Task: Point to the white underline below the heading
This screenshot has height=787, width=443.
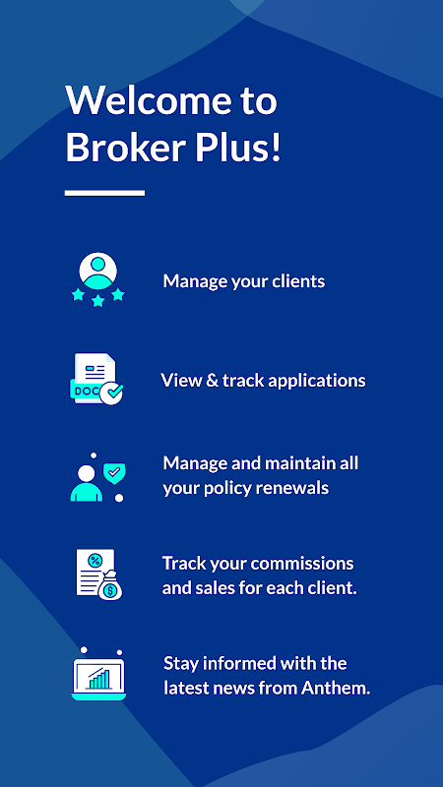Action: [x=104, y=193]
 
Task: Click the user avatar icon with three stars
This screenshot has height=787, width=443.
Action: [x=97, y=279]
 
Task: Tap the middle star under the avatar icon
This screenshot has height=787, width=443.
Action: [x=97, y=301]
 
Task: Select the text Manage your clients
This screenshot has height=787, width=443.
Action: [x=243, y=281]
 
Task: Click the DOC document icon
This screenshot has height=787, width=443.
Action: [x=95, y=379]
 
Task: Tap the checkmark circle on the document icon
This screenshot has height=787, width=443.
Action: [x=111, y=393]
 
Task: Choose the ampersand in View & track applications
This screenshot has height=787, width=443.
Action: [x=211, y=381]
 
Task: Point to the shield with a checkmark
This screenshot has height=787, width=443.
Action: [x=114, y=473]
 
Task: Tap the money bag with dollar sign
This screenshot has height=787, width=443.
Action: [x=110, y=586]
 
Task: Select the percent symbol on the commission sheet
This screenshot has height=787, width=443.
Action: [x=94, y=559]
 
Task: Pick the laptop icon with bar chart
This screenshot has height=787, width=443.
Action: [x=98, y=675]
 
